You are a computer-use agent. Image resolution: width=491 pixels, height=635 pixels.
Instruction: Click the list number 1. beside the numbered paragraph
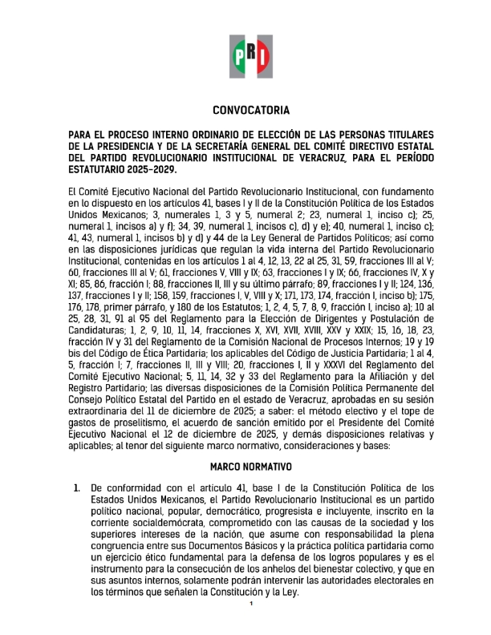(76, 487)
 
